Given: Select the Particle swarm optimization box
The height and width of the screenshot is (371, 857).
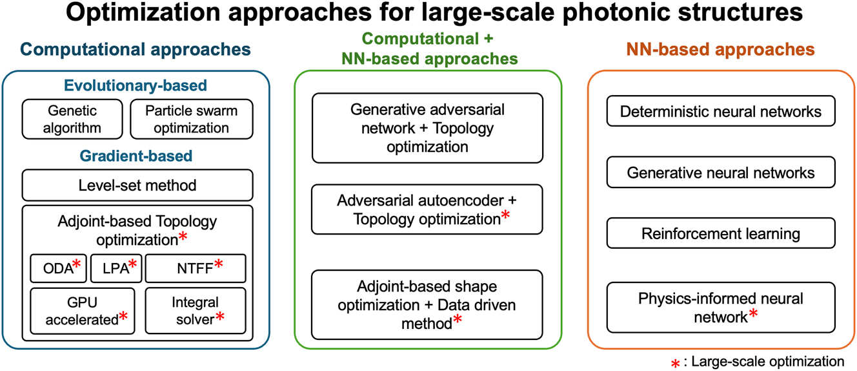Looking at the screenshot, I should [191, 119].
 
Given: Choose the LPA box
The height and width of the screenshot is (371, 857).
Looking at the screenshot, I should [116, 268].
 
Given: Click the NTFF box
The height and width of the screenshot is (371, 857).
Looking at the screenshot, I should [196, 268].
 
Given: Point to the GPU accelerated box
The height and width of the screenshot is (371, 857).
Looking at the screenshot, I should [83, 311].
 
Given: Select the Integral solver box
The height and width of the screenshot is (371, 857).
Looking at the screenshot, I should [196, 311].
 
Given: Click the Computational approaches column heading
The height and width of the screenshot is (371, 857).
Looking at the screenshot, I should [136, 50].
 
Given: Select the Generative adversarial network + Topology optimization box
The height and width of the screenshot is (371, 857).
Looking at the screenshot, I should [427, 128].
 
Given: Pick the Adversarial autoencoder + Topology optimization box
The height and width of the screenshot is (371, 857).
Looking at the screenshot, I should [427, 209].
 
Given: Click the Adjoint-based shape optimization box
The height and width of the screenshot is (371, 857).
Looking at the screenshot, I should [427, 304].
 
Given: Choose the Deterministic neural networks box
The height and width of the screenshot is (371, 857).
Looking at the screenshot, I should [721, 112].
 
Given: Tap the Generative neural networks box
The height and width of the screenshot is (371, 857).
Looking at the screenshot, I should [721, 173].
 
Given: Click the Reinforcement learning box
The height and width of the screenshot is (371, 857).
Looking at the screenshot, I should [721, 233].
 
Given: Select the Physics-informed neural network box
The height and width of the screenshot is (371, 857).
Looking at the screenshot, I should [721, 308].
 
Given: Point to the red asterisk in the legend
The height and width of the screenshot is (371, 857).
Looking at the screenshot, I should [675, 364].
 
